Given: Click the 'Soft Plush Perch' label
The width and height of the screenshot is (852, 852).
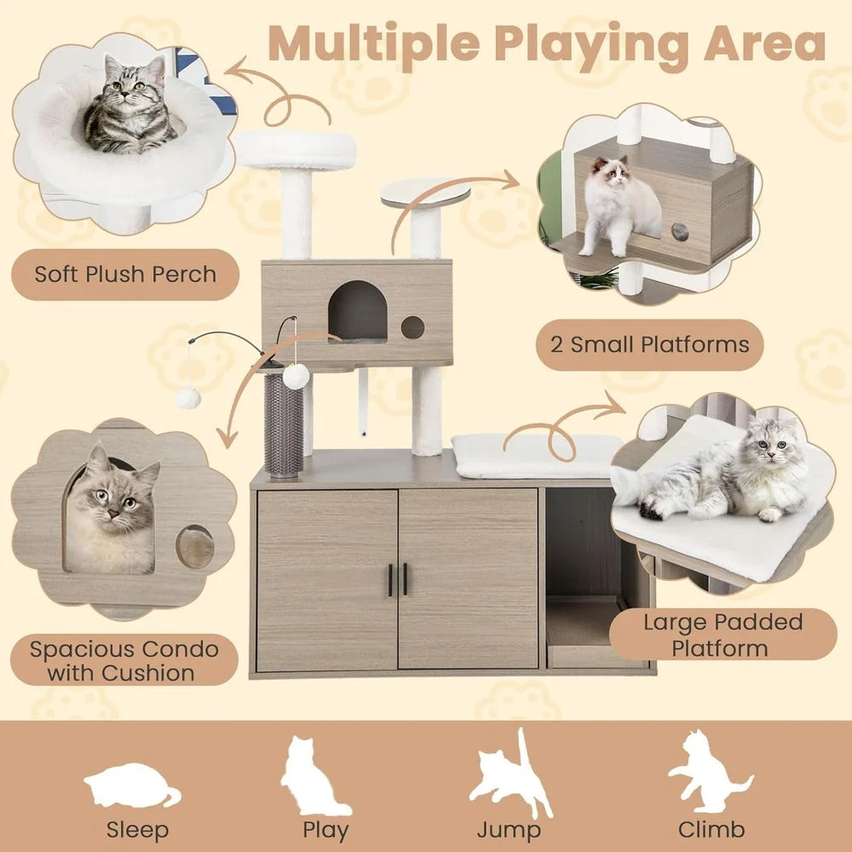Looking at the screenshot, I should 124,274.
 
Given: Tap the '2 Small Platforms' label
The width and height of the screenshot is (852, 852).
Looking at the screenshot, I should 648,345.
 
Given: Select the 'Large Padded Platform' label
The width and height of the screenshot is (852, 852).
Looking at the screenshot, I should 722,634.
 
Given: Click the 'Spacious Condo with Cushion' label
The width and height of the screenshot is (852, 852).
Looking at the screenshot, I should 124,660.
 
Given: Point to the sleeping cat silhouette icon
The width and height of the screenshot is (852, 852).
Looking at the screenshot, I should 133,787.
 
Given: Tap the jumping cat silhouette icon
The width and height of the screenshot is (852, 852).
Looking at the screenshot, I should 509,774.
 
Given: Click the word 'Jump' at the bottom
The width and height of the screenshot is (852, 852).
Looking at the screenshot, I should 509,830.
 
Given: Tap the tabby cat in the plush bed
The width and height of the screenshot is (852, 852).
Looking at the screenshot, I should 128,106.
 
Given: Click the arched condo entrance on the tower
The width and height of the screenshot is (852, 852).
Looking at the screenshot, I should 358,312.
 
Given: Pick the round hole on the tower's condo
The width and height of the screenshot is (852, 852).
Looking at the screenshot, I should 412,327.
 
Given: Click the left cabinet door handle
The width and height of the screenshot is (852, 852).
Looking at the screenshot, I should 390,579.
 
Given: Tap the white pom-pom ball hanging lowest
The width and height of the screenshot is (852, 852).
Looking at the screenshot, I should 188,397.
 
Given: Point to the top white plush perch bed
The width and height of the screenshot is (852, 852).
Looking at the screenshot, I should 296,151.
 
